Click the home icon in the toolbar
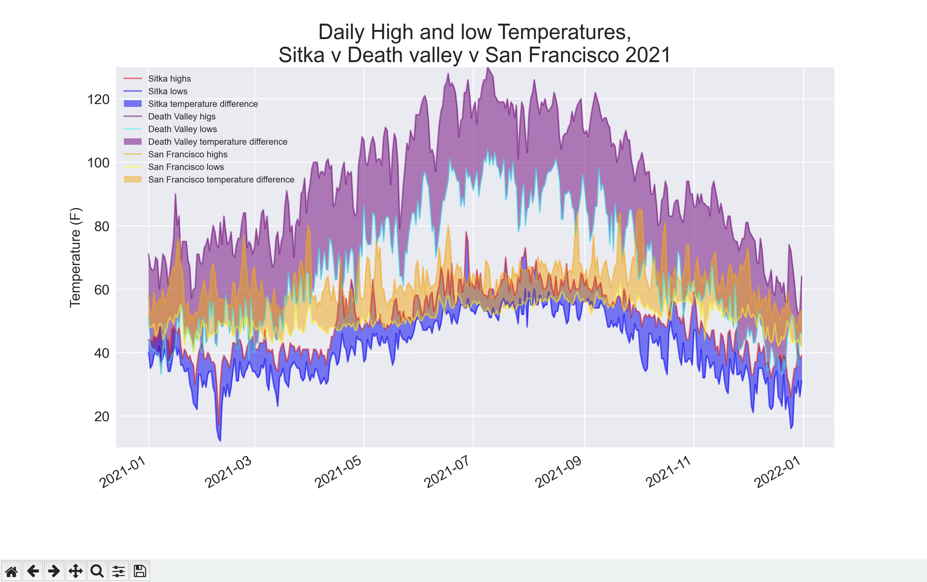(x=11, y=571)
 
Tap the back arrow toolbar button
(x=33, y=571)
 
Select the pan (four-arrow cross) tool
(x=75, y=571)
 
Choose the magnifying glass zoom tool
(x=97, y=571)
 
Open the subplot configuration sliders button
(x=119, y=571)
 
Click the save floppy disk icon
(x=140, y=571)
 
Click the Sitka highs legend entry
(x=169, y=79)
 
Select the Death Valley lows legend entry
(x=183, y=129)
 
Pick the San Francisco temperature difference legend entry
(x=221, y=179)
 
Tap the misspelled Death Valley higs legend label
(x=182, y=116)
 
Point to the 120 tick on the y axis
(x=99, y=99)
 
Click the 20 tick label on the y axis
(x=102, y=416)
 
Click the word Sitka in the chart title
(x=301, y=55)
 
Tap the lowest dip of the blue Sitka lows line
(x=220, y=441)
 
